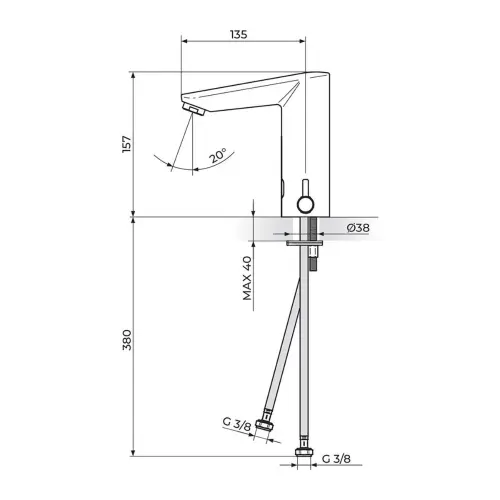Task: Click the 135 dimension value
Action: click(238, 34)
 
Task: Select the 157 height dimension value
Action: click(127, 144)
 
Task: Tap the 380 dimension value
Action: click(127, 340)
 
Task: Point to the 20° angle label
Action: click(218, 155)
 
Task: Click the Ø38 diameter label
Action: click(358, 228)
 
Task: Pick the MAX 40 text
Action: click(247, 278)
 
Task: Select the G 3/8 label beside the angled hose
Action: click(237, 424)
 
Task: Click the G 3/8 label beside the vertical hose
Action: click(336, 459)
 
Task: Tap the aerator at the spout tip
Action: click(194, 109)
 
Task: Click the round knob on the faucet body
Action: click(306, 204)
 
